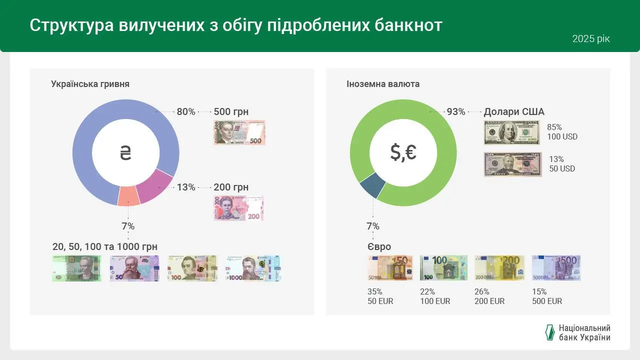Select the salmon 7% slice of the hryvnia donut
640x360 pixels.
pyautogui.click(x=128, y=196)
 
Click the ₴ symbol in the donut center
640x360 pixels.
pyautogui.click(x=125, y=152)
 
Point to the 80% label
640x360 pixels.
pyautogui.click(x=186, y=112)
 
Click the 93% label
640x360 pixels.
pyautogui.click(x=456, y=112)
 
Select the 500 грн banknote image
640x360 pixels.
pyautogui.click(x=239, y=132)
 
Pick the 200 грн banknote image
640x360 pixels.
pyautogui.click(x=238, y=208)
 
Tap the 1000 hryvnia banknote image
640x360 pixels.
pyautogui.click(x=252, y=268)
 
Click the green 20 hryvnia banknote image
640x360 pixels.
pyautogui.click(x=76, y=268)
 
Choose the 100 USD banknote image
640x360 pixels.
pyautogui.click(x=512, y=132)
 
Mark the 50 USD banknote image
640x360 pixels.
pyautogui.click(x=512, y=164)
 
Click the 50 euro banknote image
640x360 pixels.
pyautogui.click(x=390, y=268)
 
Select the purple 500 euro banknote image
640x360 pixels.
pyautogui.click(x=556, y=268)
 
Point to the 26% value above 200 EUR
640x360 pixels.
pyautogui.click(x=481, y=291)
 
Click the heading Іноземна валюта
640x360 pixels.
pyautogui.click(x=383, y=84)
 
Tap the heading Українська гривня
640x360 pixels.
pyautogui.click(x=90, y=84)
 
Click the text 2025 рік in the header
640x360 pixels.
pyautogui.click(x=591, y=39)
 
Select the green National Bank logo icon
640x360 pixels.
pyautogui.click(x=549, y=332)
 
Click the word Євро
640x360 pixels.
pyautogui.click(x=379, y=247)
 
